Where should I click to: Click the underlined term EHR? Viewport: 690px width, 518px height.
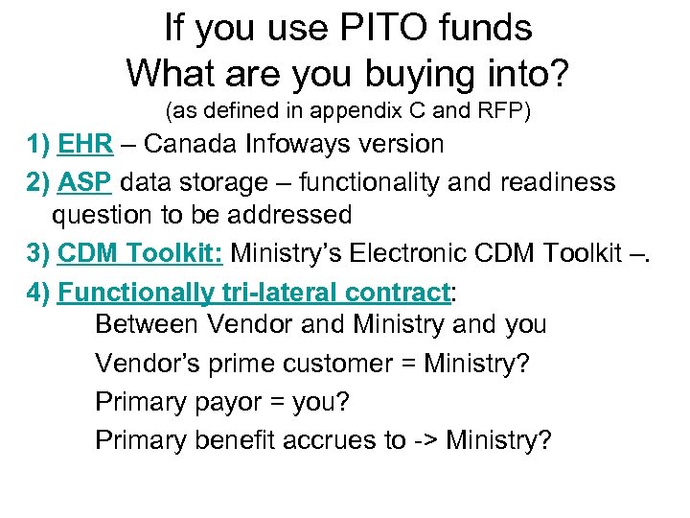pyautogui.click(x=87, y=145)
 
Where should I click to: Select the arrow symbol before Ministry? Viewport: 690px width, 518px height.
pyautogui.click(x=425, y=440)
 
